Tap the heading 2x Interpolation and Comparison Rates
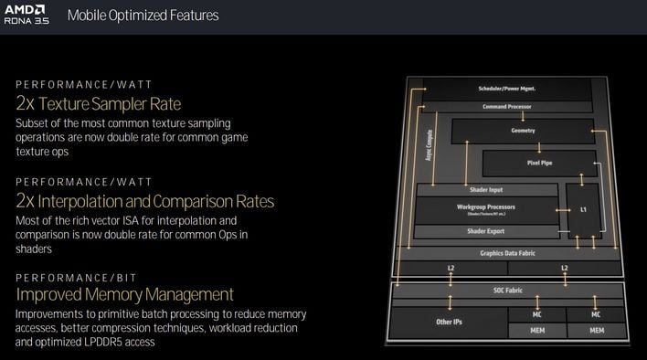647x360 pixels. [x=144, y=200]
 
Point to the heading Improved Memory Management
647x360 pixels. [x=124, y=294]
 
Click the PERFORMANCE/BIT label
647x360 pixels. [x=74, y=275]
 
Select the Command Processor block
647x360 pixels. [x=506, y=107]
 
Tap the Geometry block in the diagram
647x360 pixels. [x=523, y=131]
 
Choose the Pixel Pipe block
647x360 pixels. [x=539, y=164]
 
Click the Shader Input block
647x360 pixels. [x=486, y=189]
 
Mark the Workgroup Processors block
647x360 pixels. [x=486, y=209]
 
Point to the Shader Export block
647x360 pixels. [x=486, y=231]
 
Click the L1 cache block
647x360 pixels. [x=583, y=210]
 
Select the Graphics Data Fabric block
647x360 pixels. [x=506, y=252]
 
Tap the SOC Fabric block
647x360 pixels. [x=505, y=290]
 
